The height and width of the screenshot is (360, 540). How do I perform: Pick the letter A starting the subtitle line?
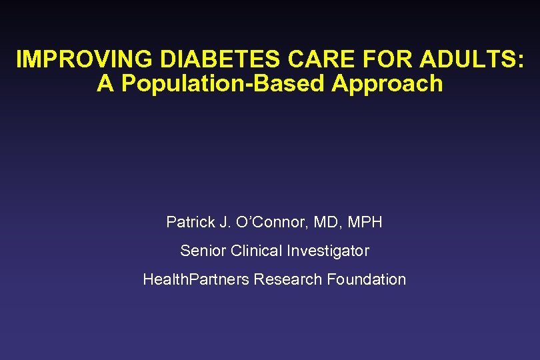[x=106, y=84]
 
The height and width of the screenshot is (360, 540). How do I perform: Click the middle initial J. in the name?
[x=221, y=222]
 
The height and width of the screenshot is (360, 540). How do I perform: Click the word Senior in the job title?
[x=203, y=251]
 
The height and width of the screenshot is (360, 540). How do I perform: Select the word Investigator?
[x=328, y=251]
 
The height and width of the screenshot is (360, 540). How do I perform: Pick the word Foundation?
[x=366, y=279]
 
